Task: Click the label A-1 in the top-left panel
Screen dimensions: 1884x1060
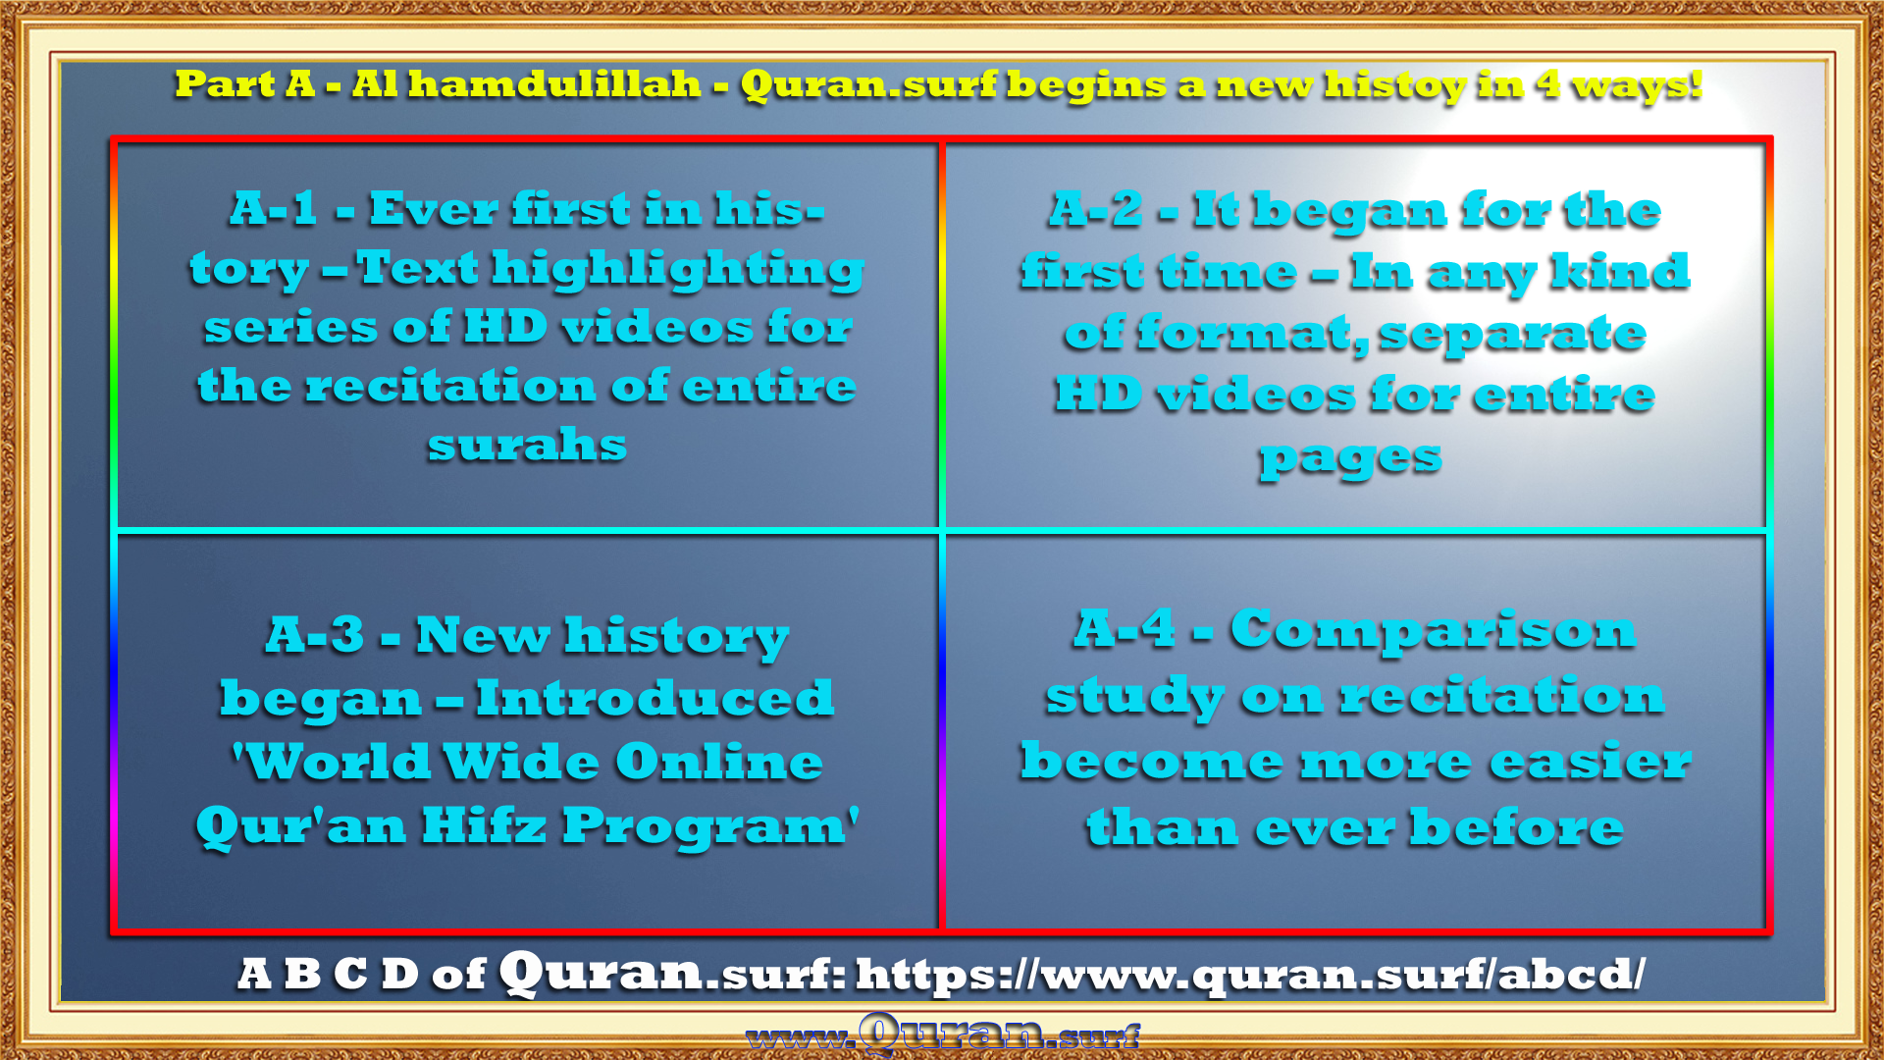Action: (274, 208)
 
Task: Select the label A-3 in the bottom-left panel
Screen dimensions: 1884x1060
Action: (315, 634)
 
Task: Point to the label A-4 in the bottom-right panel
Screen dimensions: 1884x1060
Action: (1125, 628)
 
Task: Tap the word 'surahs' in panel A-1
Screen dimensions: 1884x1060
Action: (527, 446)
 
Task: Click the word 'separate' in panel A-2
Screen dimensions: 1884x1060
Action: (1512, 335)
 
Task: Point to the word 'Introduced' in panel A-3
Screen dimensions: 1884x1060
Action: (654, 699)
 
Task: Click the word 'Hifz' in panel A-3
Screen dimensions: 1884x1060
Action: (483, 825)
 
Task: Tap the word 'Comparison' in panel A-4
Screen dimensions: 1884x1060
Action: (1433, 631)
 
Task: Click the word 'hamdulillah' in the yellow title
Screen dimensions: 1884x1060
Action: (554, 84)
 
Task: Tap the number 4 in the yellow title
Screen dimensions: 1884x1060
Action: (1548, 83)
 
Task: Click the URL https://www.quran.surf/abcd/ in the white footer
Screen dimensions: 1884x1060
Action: (1251, 974)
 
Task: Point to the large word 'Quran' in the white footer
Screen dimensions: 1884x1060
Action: (601, 973)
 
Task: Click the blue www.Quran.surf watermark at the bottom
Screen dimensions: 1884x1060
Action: (943, 1034)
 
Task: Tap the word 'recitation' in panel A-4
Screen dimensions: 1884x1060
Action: (1502, 696)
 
